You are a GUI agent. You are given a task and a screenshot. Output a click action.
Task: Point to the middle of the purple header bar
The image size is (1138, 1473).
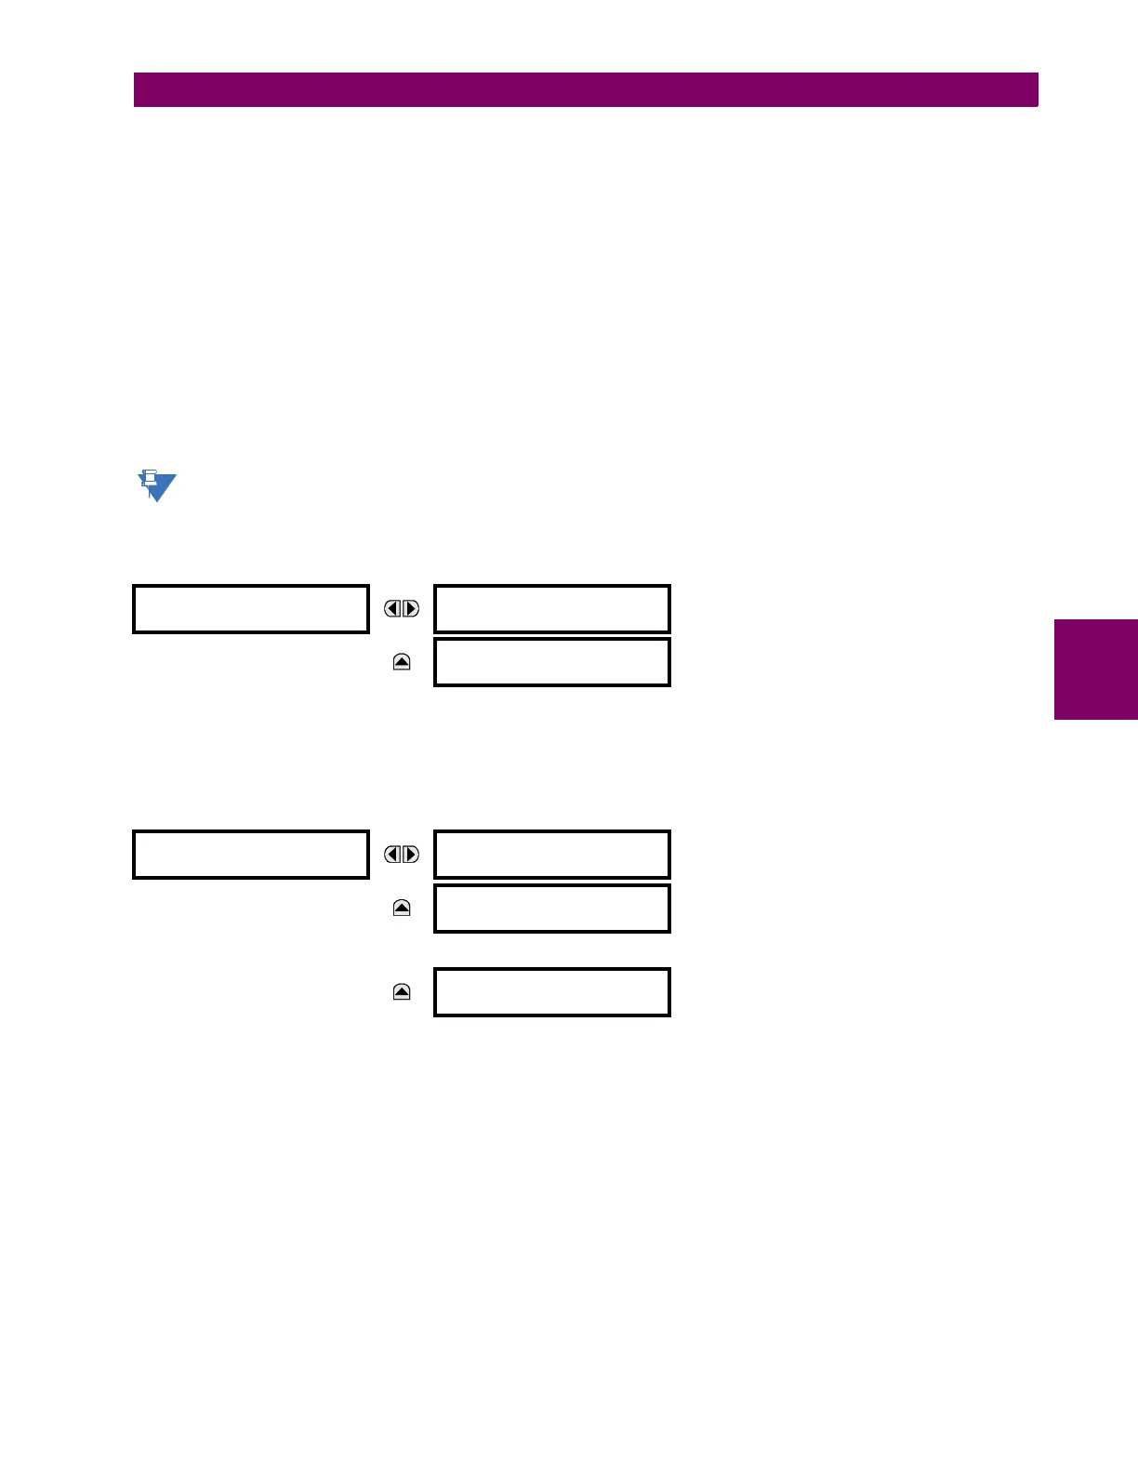[x=586, y=90]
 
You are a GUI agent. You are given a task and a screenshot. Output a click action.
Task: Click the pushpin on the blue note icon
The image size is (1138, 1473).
[x=148, y=479]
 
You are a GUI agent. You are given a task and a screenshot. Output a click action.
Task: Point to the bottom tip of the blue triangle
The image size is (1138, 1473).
[x=158, y=499]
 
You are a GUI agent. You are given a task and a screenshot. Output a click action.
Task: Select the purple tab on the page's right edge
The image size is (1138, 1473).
[x=1095, y=670]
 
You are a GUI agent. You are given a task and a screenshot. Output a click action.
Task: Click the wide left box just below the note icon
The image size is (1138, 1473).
[x=251, y=609]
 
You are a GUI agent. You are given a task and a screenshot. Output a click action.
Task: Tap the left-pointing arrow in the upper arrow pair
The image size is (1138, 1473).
[x=393, y=609]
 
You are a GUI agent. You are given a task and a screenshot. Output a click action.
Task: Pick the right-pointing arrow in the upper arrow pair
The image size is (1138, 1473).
[x=410, y=609]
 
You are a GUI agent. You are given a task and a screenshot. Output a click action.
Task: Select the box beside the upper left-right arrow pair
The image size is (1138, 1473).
[x=552, y=609]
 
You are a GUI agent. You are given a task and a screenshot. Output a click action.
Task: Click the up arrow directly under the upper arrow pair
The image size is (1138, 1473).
[x=402, y=662]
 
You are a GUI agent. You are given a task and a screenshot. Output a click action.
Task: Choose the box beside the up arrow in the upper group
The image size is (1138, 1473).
[x=552, y=662]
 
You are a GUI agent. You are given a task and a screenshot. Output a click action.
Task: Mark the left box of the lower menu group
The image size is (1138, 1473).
[x=251, y=855]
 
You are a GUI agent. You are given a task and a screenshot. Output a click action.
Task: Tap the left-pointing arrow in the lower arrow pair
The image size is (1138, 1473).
[x=393, y=855]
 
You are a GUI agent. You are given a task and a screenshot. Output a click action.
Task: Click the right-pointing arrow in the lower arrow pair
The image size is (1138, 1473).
[x=410, y=855]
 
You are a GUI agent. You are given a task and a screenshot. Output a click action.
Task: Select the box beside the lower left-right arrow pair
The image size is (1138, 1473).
[x=552, y=855]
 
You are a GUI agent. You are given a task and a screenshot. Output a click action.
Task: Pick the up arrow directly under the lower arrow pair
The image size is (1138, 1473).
[x=402, y=908]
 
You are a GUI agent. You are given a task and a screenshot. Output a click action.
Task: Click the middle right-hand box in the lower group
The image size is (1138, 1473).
[x=552, y=909]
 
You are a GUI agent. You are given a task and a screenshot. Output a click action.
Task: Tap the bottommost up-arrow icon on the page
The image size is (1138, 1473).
[x=402, y=992]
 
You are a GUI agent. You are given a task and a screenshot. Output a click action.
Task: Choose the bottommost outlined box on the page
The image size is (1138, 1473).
[x=552, y=992]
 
